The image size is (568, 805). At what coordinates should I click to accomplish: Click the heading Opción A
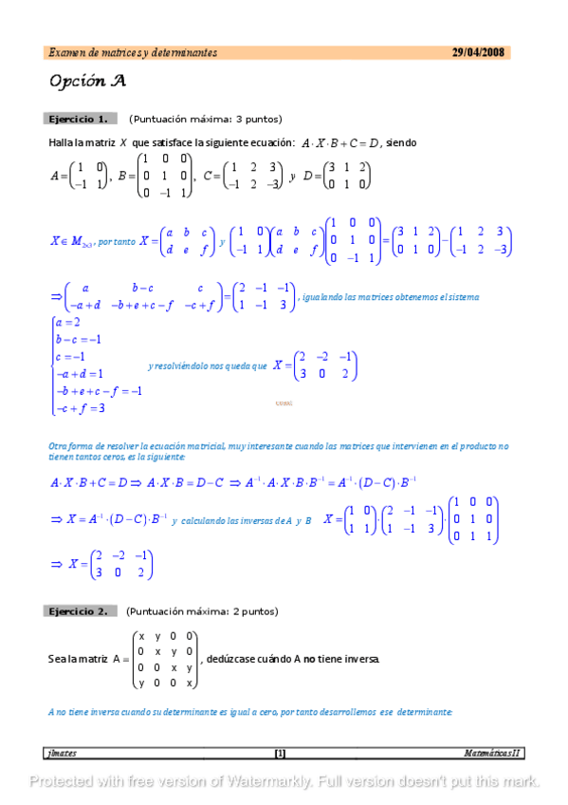pos(87,82)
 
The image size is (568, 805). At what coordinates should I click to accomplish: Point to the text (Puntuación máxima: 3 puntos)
pos(206,120)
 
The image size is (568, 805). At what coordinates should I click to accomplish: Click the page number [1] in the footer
pos(280,754)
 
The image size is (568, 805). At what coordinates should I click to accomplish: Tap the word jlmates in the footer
pos(64,754)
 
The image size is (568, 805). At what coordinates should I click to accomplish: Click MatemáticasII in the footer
pos(491,754)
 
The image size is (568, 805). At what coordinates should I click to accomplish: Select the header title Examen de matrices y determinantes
pos(133,53)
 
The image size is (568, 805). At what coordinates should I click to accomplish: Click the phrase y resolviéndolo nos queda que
pos(207,365)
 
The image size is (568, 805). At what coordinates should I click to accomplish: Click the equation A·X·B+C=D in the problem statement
pos(339,143)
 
